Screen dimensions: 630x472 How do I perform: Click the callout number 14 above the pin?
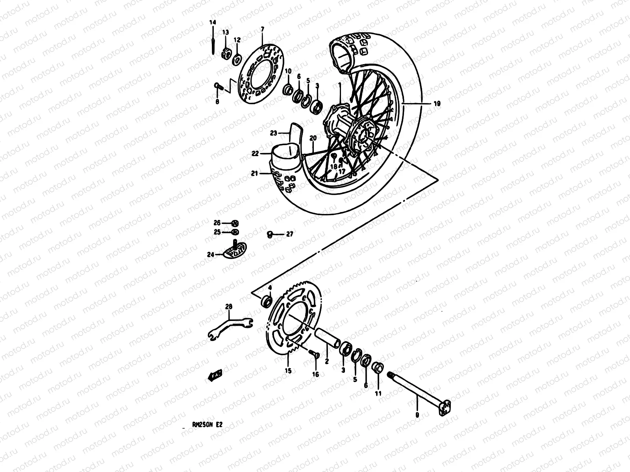213,23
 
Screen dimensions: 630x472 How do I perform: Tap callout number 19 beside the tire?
437,104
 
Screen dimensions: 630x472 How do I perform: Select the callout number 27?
289,234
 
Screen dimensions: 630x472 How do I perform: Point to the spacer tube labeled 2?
328,338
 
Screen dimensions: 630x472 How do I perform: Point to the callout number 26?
217,223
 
